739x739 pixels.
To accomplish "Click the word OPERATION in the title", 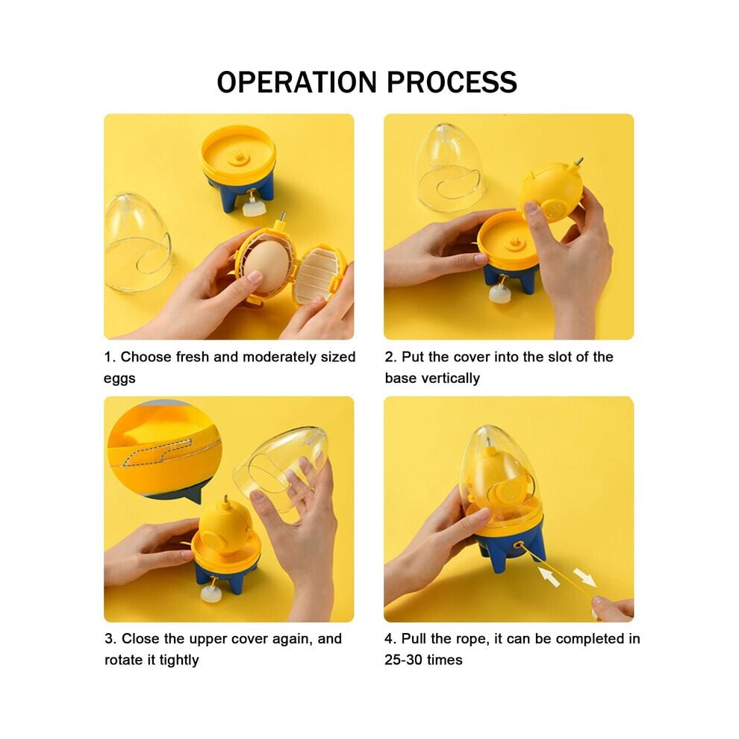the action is [x=296, y=82].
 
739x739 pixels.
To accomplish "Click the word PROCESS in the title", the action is [x=452, y=82].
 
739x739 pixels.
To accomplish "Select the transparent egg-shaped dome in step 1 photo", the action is [x=137, y=243].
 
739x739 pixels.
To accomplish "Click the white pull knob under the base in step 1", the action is [x=252, y=207].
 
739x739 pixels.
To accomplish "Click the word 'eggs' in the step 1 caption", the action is [x=119, y=378].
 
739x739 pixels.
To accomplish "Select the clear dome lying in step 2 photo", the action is [x=448, y=169].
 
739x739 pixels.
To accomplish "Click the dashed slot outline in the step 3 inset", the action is [x=157, y=452].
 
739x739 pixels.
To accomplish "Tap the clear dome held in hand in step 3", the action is [x=283, y=474].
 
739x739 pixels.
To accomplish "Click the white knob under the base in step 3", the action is [x=211, y=594].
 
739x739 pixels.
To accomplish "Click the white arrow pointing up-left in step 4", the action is [x=549, y=576].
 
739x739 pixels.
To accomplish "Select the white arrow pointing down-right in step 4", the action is [x=584, y=577].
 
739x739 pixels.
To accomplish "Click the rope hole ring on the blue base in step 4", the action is [x=519, y=546].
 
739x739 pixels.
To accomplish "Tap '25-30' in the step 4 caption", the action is [x=403, y=660].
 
